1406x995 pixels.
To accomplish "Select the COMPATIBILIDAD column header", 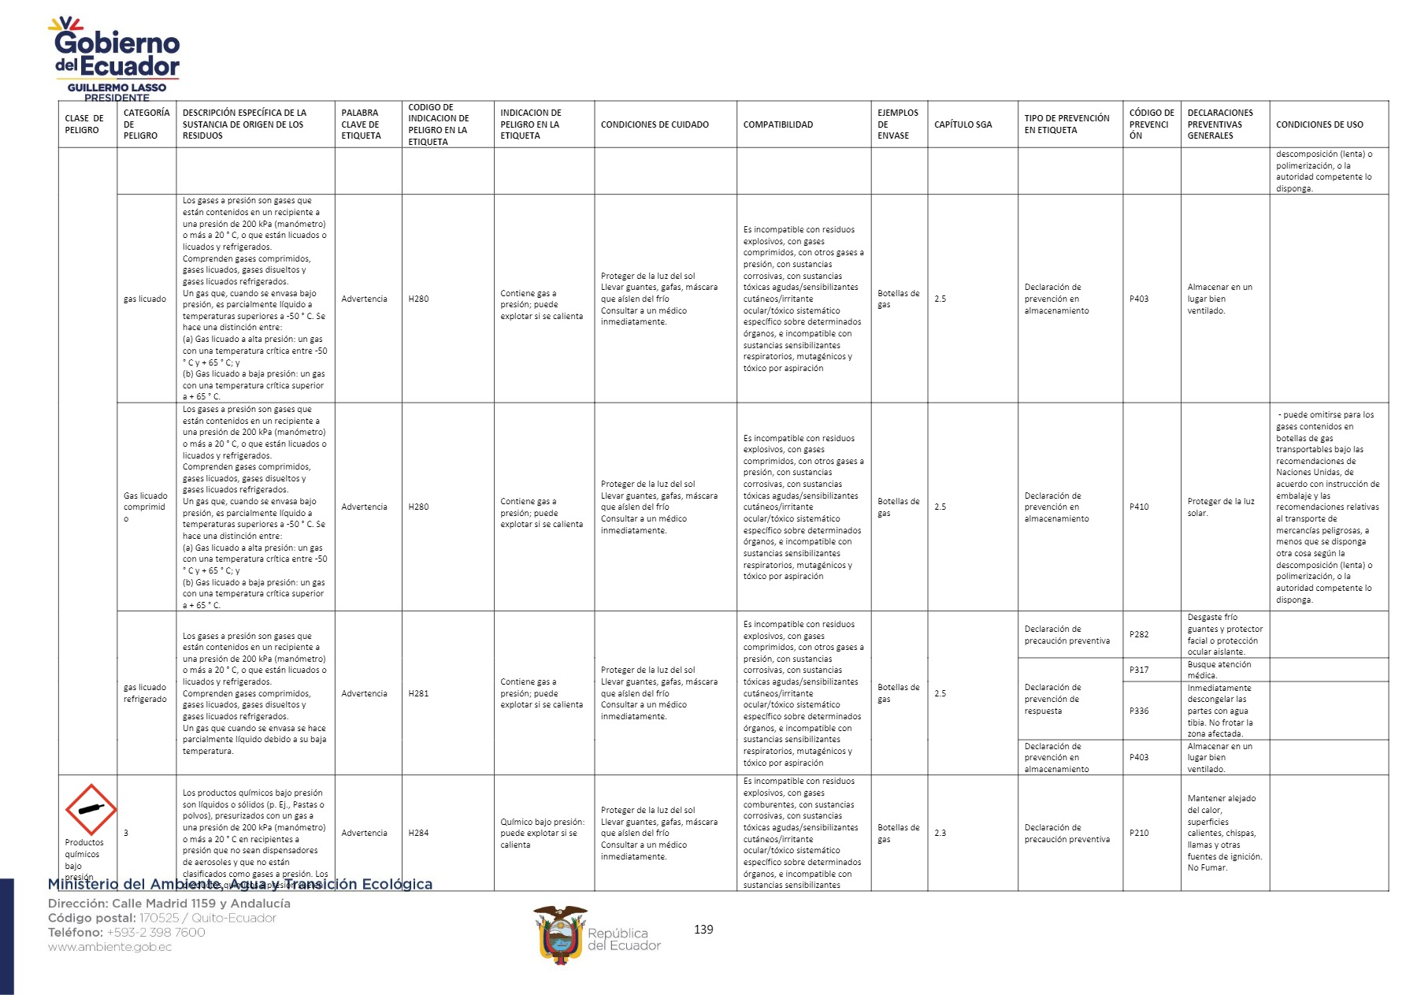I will click(x=778, y=124).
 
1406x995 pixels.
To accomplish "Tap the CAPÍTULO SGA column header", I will click(x=963, y=124).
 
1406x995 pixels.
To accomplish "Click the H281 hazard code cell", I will click(x=419, y=693).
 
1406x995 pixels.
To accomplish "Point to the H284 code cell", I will click(x=419, y=833).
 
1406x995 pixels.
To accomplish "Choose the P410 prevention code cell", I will click(x=1139, y=507).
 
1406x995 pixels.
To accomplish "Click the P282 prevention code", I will click(x=1139, y=634).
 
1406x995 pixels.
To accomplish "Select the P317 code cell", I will click(x=1139, y=670).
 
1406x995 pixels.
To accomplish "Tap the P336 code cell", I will click(x=1139, y=711).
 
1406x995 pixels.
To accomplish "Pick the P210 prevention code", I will click(x=1139, y=833).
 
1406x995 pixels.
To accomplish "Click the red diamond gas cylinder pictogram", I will click(x=91, y=809).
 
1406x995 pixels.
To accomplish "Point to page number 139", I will click(x=703, y=930).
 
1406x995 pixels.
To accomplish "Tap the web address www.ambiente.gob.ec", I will click(x=109, y=947).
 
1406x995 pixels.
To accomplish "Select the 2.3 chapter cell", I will click(x=940, y=833).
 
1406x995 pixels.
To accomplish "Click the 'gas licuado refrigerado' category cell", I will click(x=145, y=693).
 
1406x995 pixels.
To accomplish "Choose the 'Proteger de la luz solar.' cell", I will click(x=1221, y=507).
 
